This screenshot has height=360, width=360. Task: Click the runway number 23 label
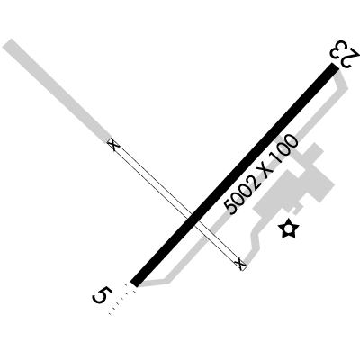tap(345, 54)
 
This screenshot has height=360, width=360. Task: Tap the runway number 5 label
tap(102, 295)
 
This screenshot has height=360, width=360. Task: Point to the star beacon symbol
tap(288, 229)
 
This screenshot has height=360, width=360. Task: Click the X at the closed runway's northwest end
tap(113, 145)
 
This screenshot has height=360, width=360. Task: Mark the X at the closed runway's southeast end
tap(240, 264)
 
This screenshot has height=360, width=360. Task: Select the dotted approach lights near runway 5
tap(121, 299)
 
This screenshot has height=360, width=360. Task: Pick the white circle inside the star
tap(288, 229)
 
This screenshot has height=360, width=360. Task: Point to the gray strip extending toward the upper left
tap(58, 91)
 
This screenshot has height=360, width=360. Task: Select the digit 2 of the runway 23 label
tap(352, 60)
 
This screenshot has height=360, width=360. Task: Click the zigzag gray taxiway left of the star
tap(255, 240)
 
